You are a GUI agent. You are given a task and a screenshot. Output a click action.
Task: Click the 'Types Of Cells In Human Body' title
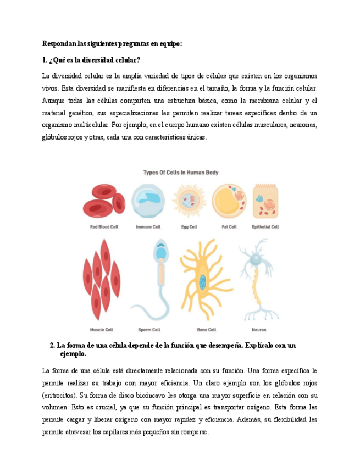tap(181, 173)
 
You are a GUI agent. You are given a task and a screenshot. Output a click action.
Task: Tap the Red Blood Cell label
tap(104, 226)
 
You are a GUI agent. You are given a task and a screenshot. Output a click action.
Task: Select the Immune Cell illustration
tap(148, 201)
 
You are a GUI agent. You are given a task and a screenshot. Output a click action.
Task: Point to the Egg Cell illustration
tap(189, 201)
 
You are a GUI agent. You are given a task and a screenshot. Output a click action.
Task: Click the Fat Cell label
tap(229, 226)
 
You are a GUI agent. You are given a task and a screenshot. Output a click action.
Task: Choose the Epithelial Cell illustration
tap(265, 202)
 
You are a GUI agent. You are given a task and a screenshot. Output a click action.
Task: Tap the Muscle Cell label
tap(102, 330)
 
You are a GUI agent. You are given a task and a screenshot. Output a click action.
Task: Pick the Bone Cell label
tap(206, 330)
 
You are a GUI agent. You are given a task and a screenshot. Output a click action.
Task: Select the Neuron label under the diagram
tap(259, 330)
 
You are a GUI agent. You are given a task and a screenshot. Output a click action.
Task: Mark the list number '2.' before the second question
tap(52, 346)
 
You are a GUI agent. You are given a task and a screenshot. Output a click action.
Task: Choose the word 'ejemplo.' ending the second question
tap(73, 354)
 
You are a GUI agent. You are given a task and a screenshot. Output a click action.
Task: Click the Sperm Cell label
tap(149, 330)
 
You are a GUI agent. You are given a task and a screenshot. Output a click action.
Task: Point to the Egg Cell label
tap(189, 226)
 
